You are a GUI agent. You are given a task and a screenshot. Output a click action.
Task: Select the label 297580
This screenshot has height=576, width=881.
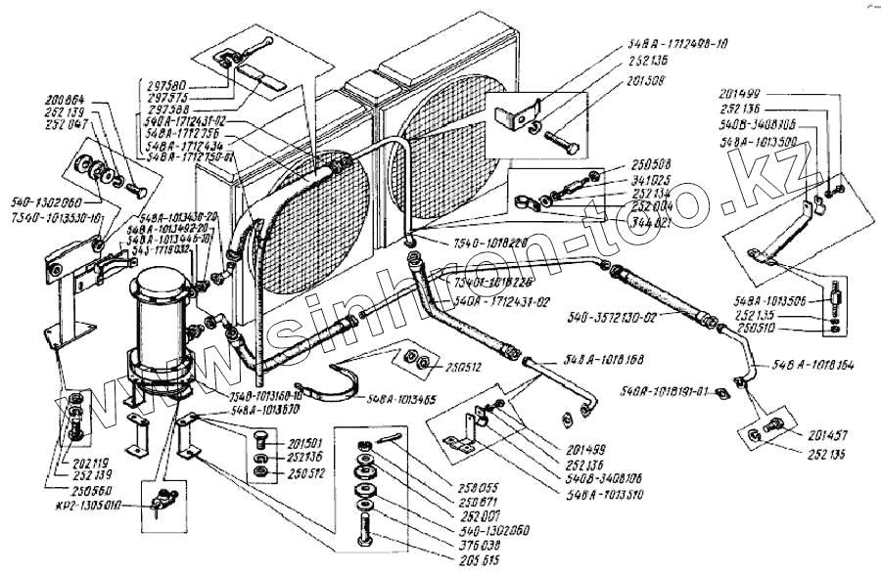[177, 86]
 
